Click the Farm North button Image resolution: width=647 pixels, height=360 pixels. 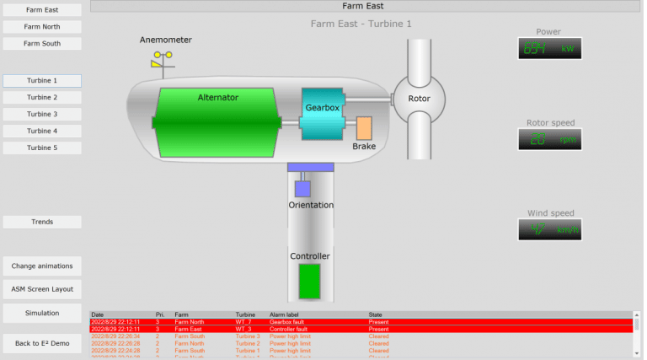pos(42,26)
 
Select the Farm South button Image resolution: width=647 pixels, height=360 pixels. pos(42,43)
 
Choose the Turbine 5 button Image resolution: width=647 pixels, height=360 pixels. pos(42,148)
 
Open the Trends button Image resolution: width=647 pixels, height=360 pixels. pos(42,222)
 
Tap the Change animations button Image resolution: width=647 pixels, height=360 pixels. pos(42,266)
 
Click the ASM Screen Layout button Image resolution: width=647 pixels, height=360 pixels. pos(42,288)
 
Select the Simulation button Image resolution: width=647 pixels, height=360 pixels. pos(42,313)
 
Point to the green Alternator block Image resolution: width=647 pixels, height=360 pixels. pos(217,122)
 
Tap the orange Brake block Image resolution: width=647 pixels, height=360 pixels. pos(364,128)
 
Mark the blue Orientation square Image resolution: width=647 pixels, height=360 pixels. pos(302,189)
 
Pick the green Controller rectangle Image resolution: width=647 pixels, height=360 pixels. pos(309,281)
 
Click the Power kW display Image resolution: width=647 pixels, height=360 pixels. pos(549,49)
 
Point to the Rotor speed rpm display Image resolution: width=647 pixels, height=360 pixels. pos(549,139)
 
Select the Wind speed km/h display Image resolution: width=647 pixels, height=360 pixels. pos(549,229)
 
